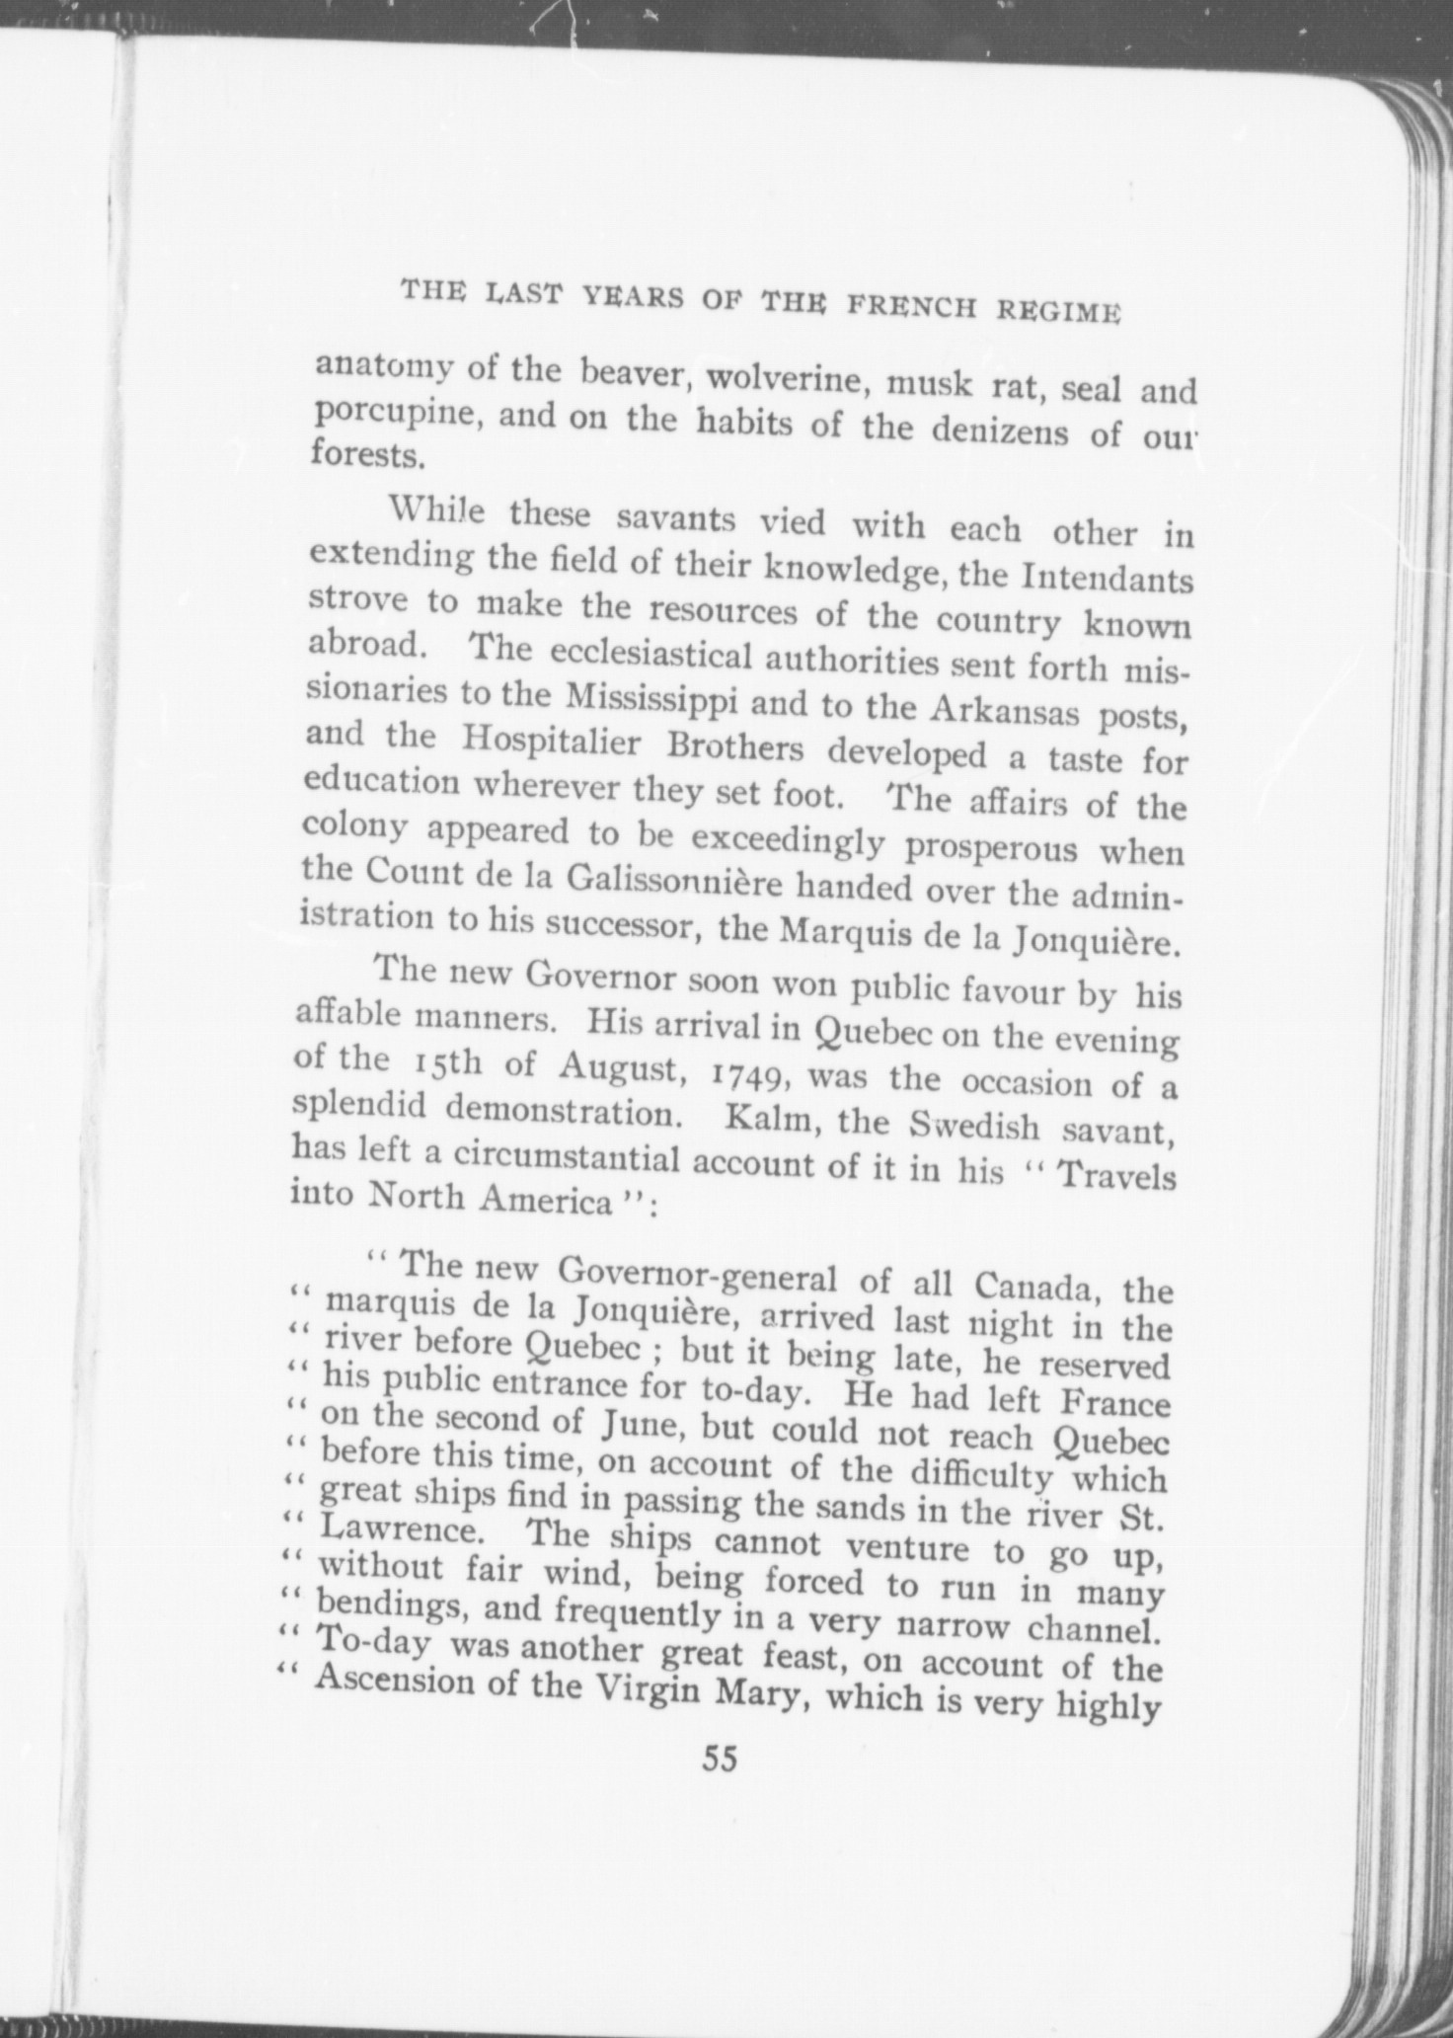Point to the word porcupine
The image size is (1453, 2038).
[x=398, y=415]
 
